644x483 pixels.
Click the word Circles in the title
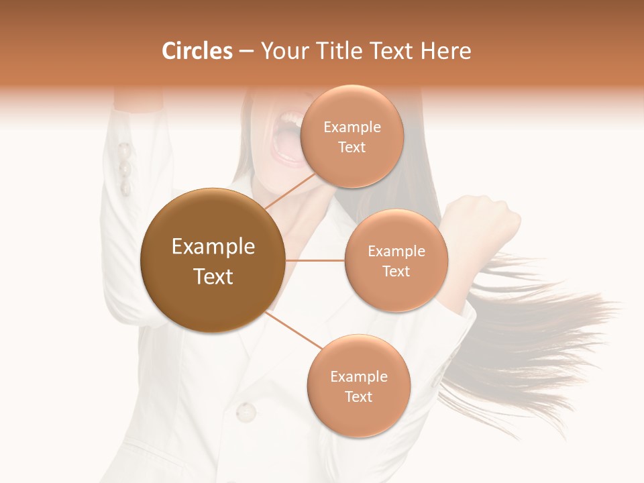tap(197, 51)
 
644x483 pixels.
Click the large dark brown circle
tap(213, 262)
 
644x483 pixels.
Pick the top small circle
tap(352, 137)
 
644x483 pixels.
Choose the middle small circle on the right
tap(396, 261)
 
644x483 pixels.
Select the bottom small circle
tap(358, 386)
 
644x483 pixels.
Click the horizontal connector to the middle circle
tap(315, 260)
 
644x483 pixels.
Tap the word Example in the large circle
tap(213, 247)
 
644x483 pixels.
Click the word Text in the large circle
tap(213, 276)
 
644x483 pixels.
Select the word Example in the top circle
tap(352, 127)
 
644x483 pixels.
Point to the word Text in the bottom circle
tap(358, 397)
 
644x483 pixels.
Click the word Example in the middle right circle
tap(396, 252)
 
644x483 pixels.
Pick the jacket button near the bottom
tap(246, 411)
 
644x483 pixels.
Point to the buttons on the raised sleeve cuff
tap(125, 168)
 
